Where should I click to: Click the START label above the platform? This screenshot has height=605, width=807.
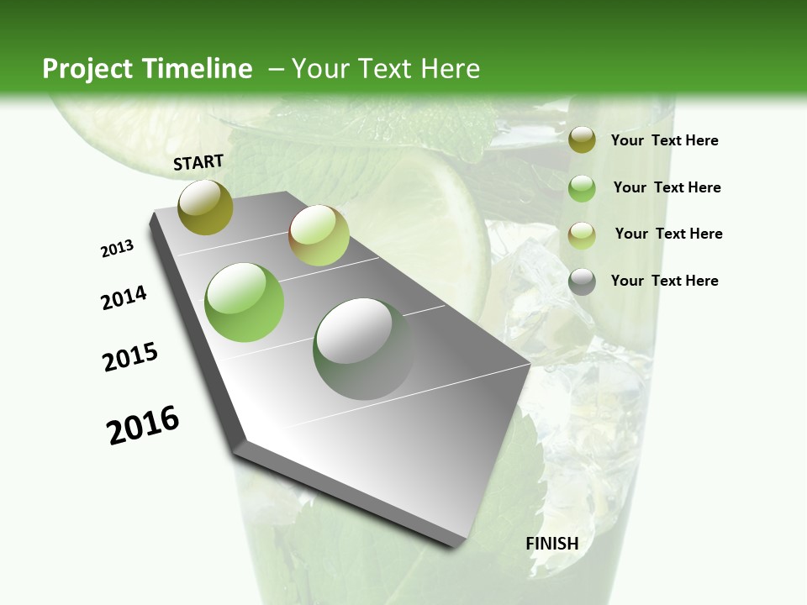(x=198, y=162)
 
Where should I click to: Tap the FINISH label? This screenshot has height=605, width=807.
(x=552, y=544)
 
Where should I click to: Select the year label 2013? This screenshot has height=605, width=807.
(x=117, y=248)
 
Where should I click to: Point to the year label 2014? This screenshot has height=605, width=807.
(x=124, y=297)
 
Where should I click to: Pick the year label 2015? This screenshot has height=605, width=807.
(x=130, y=357)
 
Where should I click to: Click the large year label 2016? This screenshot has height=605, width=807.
(x=143, y=425)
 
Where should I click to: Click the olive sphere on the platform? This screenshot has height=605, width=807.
(x=205, y=207)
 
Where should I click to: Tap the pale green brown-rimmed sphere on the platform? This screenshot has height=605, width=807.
(x=319, y=235)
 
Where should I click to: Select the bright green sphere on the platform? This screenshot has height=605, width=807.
(x=245, y=302)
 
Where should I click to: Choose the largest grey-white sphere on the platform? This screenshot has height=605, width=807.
(x=363, y=349)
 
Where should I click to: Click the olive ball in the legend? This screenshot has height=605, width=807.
(x=582, y=140)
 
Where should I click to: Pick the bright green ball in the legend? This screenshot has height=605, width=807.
(x=582, y=188)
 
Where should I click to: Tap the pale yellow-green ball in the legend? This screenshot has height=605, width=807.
(x=582, y=234)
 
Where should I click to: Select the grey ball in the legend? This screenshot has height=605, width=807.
(x=582, y=281)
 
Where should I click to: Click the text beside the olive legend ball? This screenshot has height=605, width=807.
(x=664, y=140)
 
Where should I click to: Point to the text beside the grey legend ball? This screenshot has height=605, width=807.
(x=664, y=281)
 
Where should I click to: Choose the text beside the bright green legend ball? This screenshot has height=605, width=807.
(x=667, y=187)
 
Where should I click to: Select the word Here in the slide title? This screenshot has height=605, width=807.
(x=450, y=69)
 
